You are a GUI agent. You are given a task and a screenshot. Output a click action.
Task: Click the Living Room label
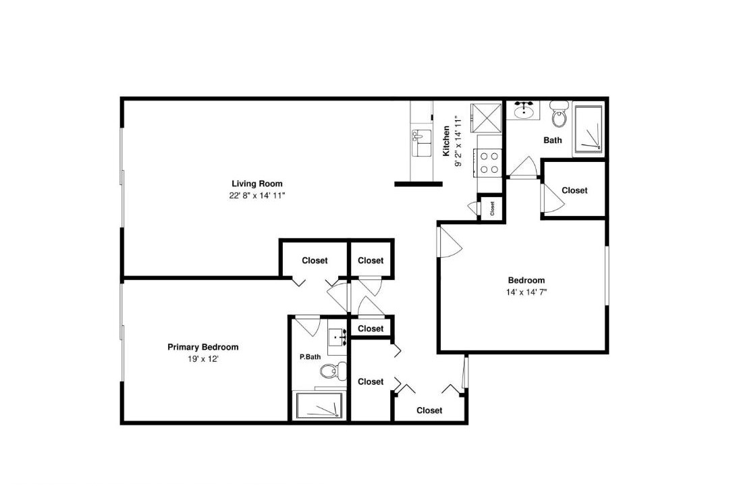257,184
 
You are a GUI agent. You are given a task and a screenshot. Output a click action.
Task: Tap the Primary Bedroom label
202,347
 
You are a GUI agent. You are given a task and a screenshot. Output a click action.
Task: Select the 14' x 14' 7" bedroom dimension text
526,292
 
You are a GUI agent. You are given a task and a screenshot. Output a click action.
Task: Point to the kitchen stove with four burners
489,163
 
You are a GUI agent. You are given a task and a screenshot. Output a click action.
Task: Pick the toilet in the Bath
559,113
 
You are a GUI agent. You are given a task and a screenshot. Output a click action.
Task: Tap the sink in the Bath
526,110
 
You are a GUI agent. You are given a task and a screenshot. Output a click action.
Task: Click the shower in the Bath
589,129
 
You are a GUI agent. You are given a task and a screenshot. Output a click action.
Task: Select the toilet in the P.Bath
333,370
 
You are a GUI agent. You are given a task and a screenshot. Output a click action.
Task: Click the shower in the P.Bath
319,406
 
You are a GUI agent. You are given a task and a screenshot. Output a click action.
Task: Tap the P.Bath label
310,357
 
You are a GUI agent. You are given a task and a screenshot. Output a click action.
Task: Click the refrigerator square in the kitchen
486,118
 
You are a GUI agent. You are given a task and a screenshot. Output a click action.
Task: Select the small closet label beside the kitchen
492,208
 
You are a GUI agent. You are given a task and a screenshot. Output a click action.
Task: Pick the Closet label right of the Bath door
574,190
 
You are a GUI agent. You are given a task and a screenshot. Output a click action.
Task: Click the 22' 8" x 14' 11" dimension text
257,196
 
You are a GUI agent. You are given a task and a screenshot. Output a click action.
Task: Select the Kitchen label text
446,140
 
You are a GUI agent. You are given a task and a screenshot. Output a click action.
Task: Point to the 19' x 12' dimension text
203,359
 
